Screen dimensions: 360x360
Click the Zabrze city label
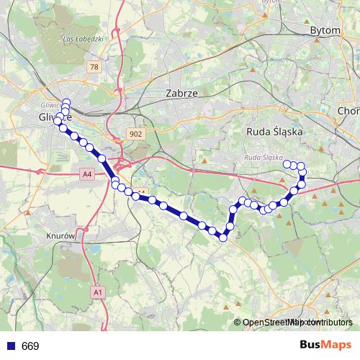pyautogui.click(x=181, y=93)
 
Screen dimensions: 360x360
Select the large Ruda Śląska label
pyautogui.click(x=276, y=132)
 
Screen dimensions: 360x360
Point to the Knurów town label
pyautogui.click(x=60, y=236)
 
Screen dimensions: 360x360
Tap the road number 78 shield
pyautogui.click(x=94, y=66)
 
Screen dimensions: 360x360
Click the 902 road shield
pyautogui.click(x=135, y=134)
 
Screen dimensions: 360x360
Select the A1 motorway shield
pyautogui.click(x=99, y=292)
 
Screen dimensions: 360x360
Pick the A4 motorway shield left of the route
pyautogui.click(x=86, y=174)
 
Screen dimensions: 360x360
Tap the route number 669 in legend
pyautogui.click(x=30, y=346)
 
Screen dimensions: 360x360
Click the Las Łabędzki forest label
pyautogui.click(x=84, y=39)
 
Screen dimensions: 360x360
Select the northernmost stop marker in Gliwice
pyautogui.click(x=66, y=103)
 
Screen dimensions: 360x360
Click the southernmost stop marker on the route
pyautogui.click(x=223, y=238)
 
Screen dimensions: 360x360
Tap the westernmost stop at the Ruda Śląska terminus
pyautogui.click(x=287, y=164)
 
